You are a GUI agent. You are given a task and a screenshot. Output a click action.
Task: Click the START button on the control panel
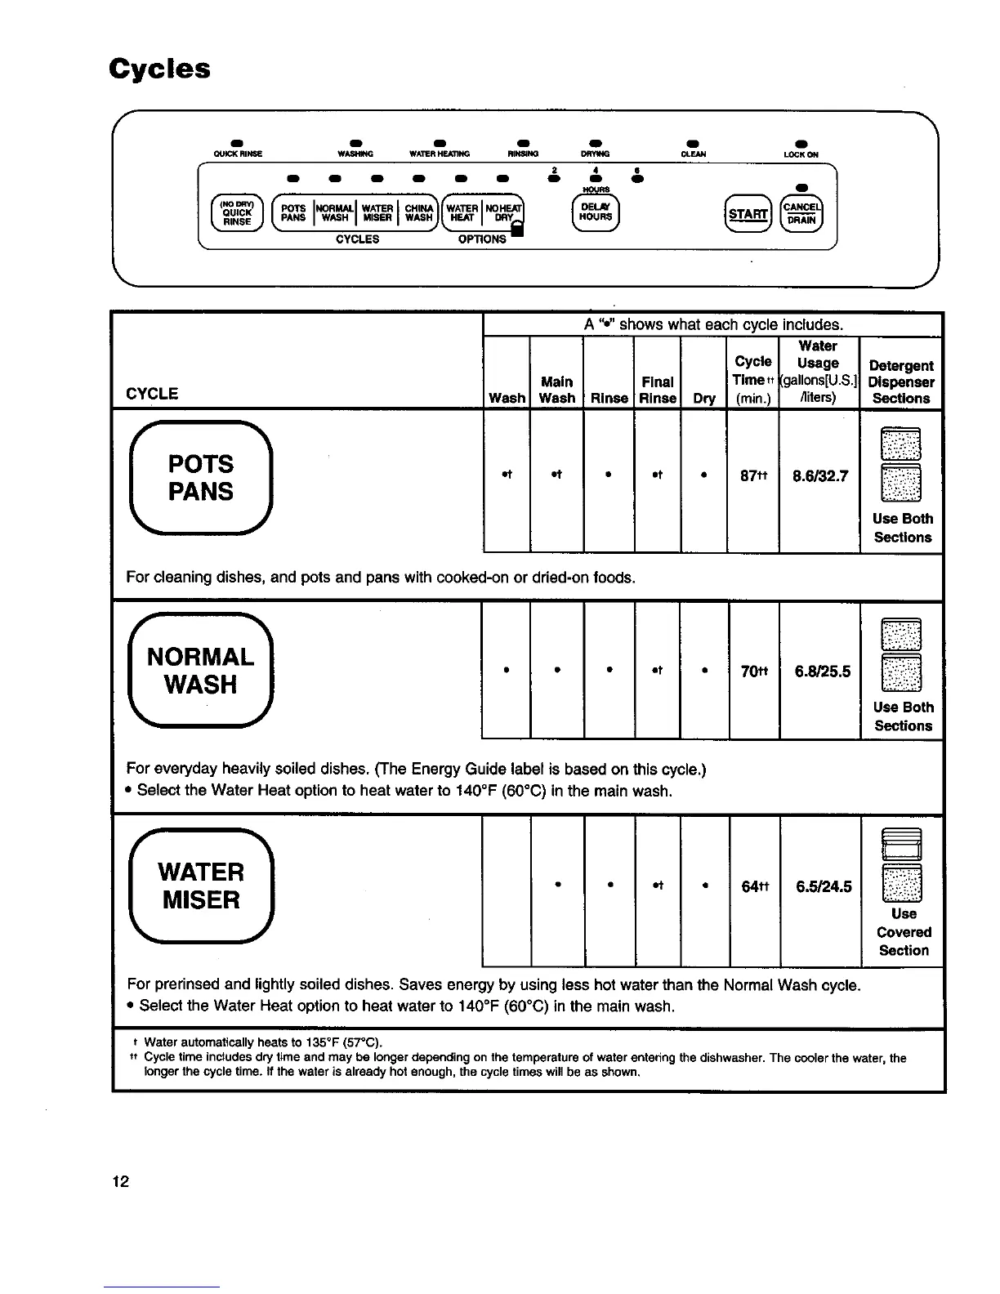pyautogui.click(x=748, y=214)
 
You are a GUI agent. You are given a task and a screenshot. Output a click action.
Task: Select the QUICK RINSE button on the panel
pyautogui.click(x=237, y=213)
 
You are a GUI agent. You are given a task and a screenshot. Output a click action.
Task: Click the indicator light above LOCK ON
pyautogui.click(x=801, y=145)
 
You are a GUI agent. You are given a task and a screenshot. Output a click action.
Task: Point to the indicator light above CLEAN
pyautogui.click(x=693, y=145)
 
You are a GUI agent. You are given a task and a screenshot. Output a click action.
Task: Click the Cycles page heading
pyautogui.click(x=160, y=69)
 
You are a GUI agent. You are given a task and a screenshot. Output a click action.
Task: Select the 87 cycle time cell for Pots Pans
pyautogui.click(x=752, y=475)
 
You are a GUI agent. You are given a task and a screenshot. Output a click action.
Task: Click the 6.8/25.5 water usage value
pyautogui.click(x=821, y=671)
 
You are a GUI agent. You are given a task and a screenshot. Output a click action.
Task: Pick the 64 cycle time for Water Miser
pyautogui.click(x=752, y=886)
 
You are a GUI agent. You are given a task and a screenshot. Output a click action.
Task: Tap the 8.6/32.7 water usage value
pyautogui.click(x=819, y=475)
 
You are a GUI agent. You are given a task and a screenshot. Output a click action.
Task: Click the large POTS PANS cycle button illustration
pyautogui.click(x=200, y=478)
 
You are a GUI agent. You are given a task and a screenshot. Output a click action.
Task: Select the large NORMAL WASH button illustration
pyautogui.click(x=200, y=671)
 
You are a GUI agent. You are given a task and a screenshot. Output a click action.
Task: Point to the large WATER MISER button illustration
pyautogui.click(x=201, y=886)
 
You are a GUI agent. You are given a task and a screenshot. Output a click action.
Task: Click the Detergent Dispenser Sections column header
pyautogui.click(x=901, y=382)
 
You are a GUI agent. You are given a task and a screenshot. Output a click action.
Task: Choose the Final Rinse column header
pyautogui.click(x=658, y=390)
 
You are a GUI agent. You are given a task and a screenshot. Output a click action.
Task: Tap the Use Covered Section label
pyautogui.click(x=903, y=932)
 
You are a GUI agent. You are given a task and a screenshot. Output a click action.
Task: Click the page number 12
pyautogui.click(x=121, y=1181)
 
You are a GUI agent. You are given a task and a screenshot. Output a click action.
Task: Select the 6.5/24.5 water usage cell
pyautogui.click(x=821, y=886)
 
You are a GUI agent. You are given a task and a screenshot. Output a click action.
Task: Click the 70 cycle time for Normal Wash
pyautogui.click(x=752, y=671)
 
